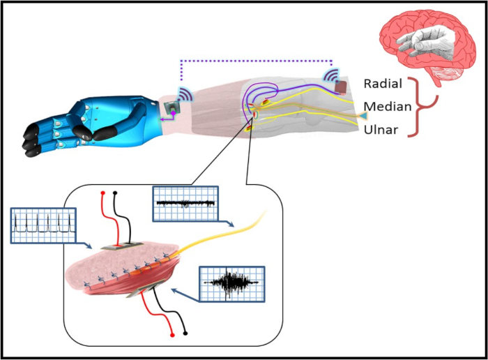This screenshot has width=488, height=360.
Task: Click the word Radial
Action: pos(383,84)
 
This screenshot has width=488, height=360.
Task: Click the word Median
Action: pos(388,107)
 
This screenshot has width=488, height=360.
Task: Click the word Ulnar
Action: pos(381,130)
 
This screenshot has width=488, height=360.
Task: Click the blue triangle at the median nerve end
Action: pos(363,116)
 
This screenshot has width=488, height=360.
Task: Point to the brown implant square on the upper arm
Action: pos(342,87)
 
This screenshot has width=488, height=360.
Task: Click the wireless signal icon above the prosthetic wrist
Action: pos(185,94)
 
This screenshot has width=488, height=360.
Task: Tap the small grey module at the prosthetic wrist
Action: pos(171,107)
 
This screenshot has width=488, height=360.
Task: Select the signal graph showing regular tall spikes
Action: pos(43,225)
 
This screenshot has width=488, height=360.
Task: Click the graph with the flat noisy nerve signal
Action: pos(185,204)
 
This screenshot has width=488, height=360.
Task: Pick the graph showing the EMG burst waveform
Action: pos(232,284)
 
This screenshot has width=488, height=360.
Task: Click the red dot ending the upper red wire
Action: pos(102,193)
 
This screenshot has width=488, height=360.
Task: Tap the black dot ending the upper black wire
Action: pos(115,193)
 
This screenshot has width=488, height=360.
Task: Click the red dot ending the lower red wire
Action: pos(172,335)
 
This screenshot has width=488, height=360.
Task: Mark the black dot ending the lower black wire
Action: pos(185,333)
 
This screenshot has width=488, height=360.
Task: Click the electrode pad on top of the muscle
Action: pos(122,246)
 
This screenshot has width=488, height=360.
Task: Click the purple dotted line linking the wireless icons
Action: pos(257,61)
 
